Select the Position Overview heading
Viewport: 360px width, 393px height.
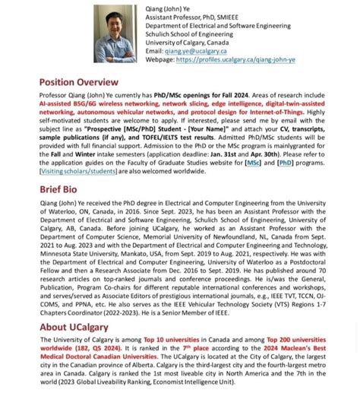[x=79, y=81]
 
